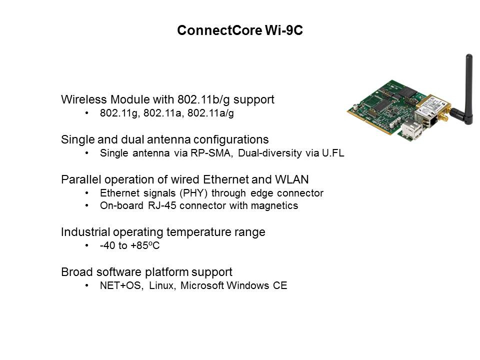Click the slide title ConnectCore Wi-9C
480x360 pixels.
(x=240, y=30)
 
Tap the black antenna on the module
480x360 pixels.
(x=467, y=89)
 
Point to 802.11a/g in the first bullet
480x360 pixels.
(x=210, y=113)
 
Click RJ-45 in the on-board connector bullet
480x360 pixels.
(x=162, y=205)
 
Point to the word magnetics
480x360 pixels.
(x=274, y=205)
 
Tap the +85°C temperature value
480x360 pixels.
(x=145, y=245)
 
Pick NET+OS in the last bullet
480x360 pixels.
(x=120, y=285)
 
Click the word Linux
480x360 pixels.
(x=162, y=285)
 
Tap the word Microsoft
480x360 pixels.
(x=202, y=285)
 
